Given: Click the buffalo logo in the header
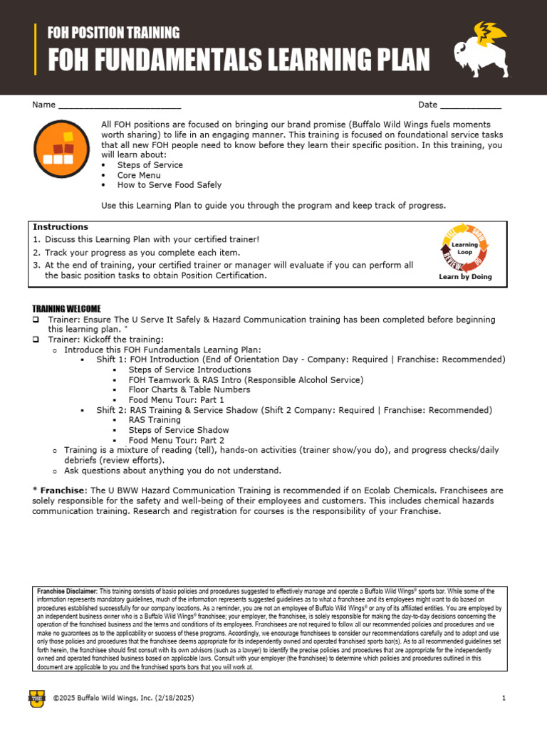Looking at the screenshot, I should pyautogui.click(x=479, y=48).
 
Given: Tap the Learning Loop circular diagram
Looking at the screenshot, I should pyautogui.click(x=464, y=248).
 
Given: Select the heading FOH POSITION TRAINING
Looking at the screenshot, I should pyautogui.click(x=113, y=32).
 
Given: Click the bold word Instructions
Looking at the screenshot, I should pyautogui.click(x=61, y=227).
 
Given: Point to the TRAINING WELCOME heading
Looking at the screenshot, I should pyautogui.click(x=66, y=308).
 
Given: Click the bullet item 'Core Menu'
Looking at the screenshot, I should pyautogui.click(x=139, y=175).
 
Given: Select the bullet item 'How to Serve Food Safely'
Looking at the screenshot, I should pyautogui.click(x=170, y=185).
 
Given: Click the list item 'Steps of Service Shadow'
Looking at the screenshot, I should pyautogui.click(x=179, y=430).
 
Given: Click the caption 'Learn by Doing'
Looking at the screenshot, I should pyautogui.click(x=465, y=277).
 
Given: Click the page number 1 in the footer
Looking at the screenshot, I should pyautogui.click(x=504, y=698).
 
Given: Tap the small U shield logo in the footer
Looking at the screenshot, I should pyautogui.click(x=37, y=698).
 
